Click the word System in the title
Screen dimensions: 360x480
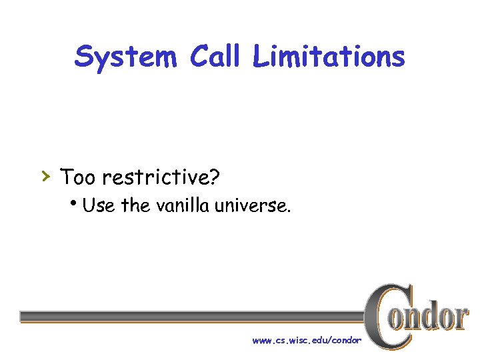click(125, 57)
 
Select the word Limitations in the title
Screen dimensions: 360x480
click(329, 57)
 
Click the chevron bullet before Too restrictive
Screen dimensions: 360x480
click(45, 176)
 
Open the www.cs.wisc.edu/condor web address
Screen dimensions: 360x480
click(307, 341)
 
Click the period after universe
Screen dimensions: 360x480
click(288, 211)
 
